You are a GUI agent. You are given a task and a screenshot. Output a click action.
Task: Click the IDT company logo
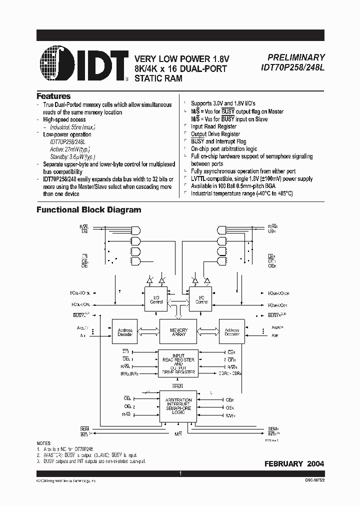coord(83,64)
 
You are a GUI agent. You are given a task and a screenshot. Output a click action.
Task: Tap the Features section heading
coord(54,96)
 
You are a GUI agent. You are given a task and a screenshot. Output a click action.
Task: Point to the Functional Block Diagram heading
coord(89,210)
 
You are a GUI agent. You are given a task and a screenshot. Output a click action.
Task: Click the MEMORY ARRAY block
coord(178,331)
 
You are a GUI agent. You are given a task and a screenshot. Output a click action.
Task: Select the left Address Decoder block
coord(125,331)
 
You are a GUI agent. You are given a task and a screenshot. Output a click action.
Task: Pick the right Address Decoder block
coord(232,331)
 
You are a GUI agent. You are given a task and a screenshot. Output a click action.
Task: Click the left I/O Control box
coord(157,300)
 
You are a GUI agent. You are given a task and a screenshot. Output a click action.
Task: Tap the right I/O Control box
coord(201,300)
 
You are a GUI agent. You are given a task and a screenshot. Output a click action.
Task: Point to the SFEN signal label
coord(178,386)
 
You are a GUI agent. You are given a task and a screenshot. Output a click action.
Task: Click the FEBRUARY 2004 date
coord(294,464)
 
